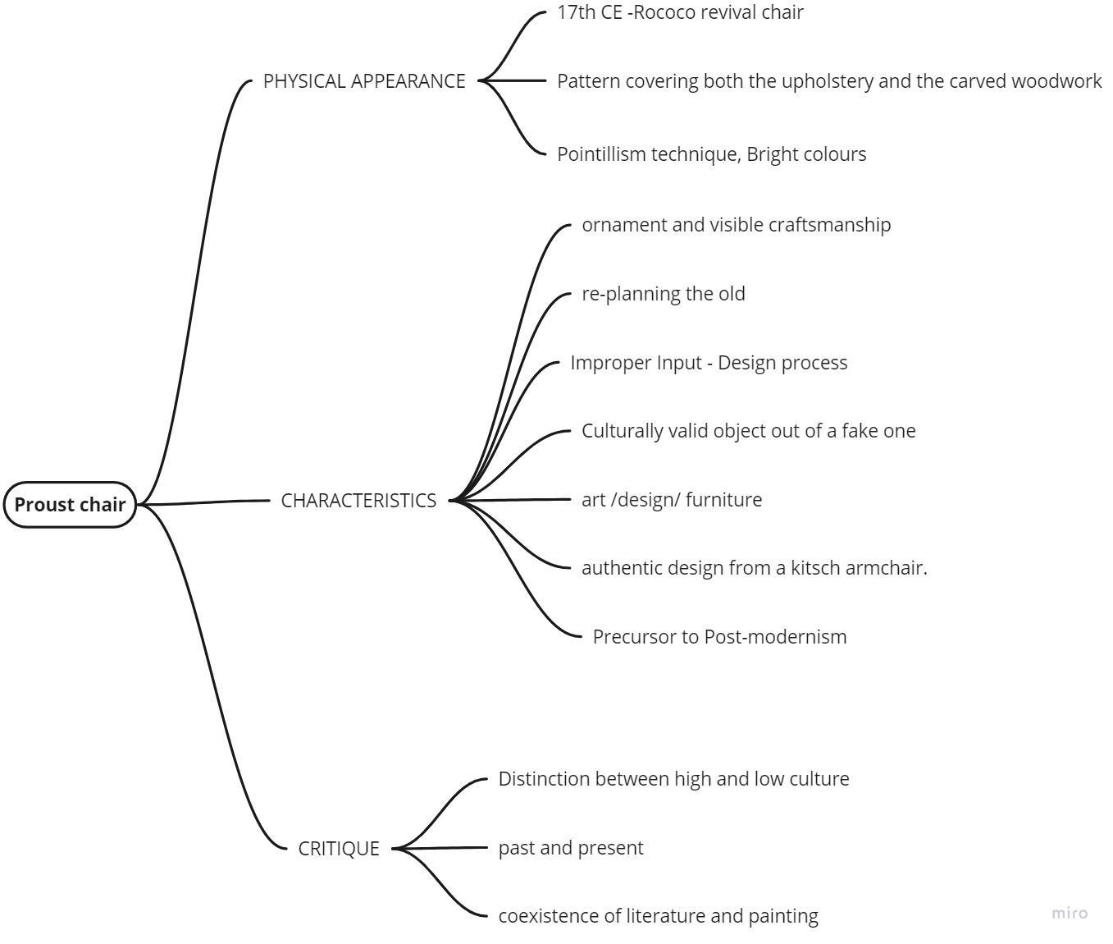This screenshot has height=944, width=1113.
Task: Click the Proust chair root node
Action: [x=70, y=505]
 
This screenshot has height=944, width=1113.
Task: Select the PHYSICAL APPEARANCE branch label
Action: [x=364, y=81]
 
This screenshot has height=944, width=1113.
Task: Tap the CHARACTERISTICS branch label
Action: [x=358, y=501]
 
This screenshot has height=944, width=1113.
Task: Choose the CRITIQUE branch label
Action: [x=339, y=849]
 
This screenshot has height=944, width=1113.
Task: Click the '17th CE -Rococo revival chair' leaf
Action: [x=680, y=12]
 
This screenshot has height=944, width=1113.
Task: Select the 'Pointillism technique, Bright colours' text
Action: [x=711, y=154]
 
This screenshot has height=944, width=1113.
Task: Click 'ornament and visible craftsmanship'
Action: [x=736, y=225]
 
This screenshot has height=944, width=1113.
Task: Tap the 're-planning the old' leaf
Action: [x=663, y=294]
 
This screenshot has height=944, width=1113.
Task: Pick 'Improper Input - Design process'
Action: [x=709, y=363]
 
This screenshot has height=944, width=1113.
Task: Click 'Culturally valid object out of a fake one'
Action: [x=748, y=431]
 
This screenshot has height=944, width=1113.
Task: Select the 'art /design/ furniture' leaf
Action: [x=671, y=500]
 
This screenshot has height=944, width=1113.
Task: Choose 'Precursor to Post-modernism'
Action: [x=719, y=637]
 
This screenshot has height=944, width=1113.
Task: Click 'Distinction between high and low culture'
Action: [x=673, y=779]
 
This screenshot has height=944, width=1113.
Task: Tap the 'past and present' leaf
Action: [x=571, y=848]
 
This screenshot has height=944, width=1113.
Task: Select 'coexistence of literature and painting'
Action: [x=658, y=916]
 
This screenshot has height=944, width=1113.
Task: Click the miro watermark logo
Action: [x=1070, y=913]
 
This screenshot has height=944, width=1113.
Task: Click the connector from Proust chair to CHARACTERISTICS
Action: [x=205, y=502]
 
